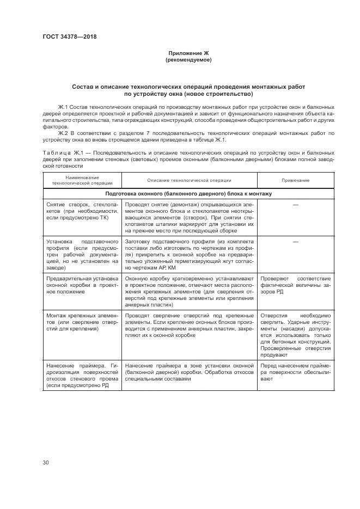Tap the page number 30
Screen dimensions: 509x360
click(46, 462)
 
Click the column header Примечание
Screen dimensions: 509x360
click(295, 180)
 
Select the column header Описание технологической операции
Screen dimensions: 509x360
click(189, 180)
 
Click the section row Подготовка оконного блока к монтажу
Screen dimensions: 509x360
click(188, 193)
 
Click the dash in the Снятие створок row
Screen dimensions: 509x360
click(295, 204)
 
